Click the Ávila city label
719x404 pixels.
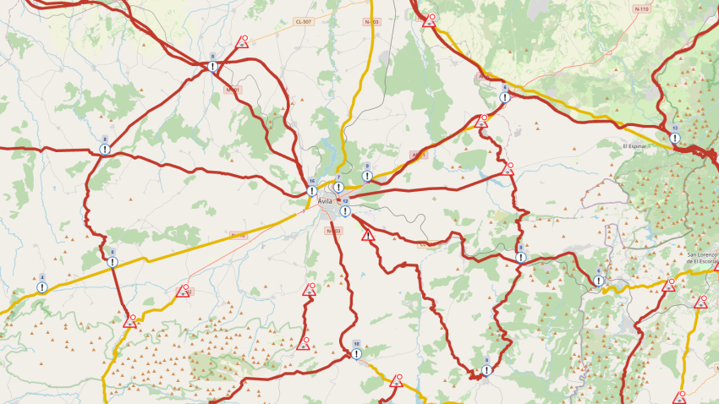(x=325, y=201)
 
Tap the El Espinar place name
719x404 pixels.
(x=634, y=146)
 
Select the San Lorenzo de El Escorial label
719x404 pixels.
(x=701, y=258)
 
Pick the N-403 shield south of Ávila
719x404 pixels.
(x=333, y=231)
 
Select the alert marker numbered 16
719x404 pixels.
(x=312, y=190)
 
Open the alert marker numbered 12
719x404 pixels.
(x=345, y=210)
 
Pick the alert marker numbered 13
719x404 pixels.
(x=674, y=138)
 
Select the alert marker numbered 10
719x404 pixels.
(x=356, y=353)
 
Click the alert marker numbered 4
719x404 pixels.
(x=41, y=287)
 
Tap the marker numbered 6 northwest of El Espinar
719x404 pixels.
(x=504, y=96)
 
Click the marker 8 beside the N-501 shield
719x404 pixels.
(x=212, y=66)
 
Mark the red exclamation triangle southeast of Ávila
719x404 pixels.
(x=367, y=236)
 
